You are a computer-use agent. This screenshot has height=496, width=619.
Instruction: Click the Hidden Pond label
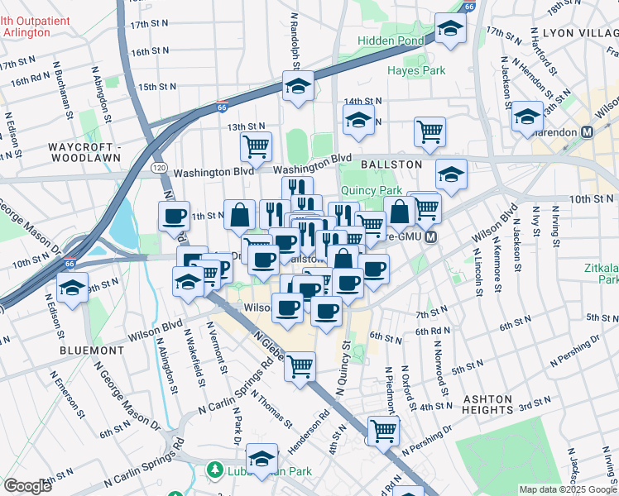(390, 40)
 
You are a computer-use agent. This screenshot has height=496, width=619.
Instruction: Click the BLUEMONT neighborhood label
(92, 351)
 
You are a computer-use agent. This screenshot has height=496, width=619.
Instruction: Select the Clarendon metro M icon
(588, 131)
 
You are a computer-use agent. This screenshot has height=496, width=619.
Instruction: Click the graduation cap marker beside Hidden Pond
(450, 29)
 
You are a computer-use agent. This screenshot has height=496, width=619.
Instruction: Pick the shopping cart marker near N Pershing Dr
(383, 430)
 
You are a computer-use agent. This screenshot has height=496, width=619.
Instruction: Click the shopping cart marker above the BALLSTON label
(429, 131)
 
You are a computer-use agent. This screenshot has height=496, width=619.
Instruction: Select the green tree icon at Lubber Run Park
(214, 470)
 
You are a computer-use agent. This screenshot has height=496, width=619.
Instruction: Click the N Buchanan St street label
(62, 92)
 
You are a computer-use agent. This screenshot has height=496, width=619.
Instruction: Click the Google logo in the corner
(27, 486)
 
